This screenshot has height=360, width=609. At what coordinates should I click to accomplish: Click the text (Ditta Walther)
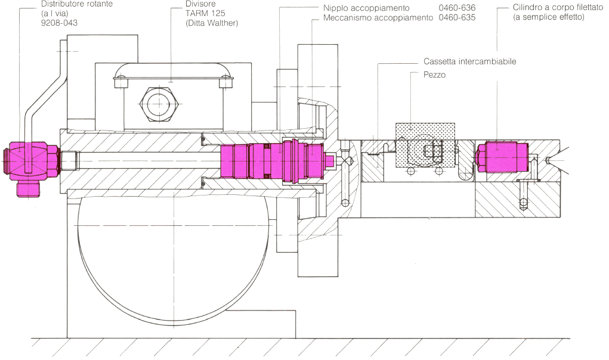212,23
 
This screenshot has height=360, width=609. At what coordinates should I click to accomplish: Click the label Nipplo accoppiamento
366,8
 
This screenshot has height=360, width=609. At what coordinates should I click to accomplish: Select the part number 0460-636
457,8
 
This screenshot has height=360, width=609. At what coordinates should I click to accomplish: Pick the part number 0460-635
457,18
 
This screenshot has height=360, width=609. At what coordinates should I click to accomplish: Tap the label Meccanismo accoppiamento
378,18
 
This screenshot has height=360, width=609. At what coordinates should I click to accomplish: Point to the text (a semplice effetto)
548,18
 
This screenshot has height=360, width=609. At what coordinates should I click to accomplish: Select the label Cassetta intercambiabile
469,61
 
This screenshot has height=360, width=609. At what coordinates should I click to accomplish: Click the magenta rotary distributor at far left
31,160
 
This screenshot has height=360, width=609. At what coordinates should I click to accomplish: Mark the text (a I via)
54,13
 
